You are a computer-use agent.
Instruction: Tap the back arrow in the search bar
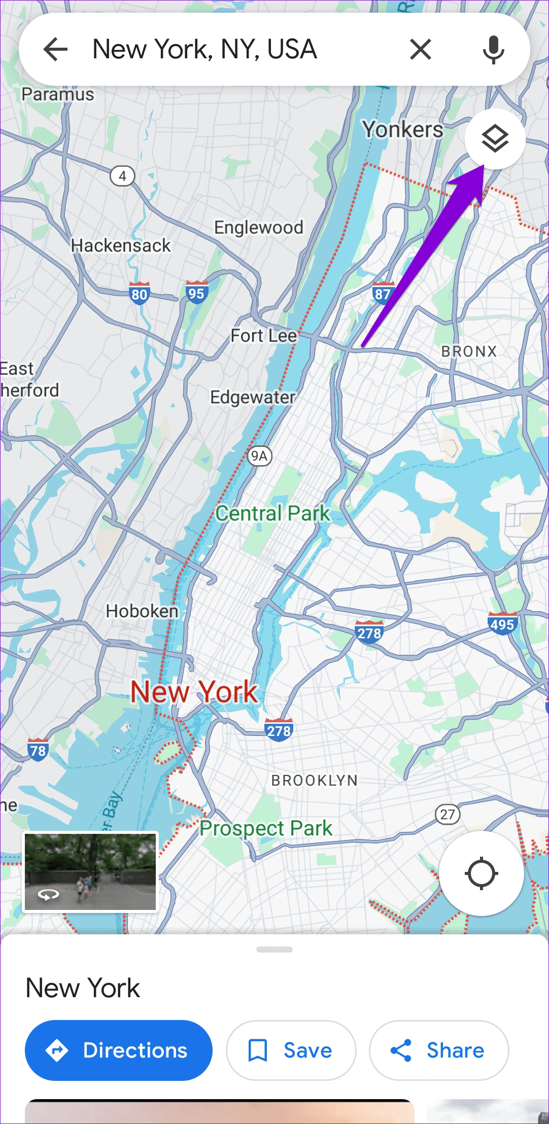click(55, 49)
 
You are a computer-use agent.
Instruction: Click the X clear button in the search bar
click(420, 49)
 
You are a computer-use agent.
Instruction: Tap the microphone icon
click(493, 50)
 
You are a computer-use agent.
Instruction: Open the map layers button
click(495, 138)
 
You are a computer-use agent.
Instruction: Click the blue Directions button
click(119, 1050)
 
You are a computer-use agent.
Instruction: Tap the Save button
click(291, 1050)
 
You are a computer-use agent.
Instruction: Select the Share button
click(438, 1050)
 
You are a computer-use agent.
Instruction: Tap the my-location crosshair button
click(481, 873)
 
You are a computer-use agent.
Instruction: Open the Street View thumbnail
click(90, 872)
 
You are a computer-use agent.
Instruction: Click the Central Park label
click(273, 513)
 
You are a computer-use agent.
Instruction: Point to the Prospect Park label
click(265, 828)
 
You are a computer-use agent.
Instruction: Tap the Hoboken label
click(142, 611)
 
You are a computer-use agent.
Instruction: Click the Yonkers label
click(402, 129)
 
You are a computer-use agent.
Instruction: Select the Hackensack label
click(121, 245)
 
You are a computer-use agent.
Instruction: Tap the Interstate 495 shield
click(502, 623)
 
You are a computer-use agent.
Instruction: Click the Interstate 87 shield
click(383, 293)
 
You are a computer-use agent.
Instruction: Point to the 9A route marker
click(259, 456)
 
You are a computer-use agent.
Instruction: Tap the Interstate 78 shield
click(38, 749)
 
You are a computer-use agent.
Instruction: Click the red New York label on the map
click(194, 692)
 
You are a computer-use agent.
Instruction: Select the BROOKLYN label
click(315, 780)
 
